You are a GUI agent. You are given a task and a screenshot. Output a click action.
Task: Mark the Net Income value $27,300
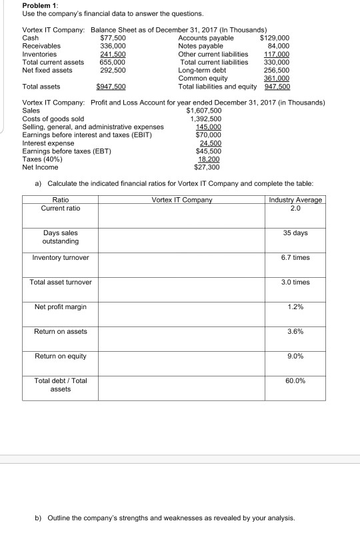[208, 167]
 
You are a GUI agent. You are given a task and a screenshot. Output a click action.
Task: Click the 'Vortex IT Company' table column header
[181, 200]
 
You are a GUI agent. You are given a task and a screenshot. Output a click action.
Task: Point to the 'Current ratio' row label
[60, 208]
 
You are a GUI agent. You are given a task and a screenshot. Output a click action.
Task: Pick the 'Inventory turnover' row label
[60, 257]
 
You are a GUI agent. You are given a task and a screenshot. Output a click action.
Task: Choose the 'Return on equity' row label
[60, 356]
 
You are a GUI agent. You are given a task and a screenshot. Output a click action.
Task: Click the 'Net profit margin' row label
[60, 306]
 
